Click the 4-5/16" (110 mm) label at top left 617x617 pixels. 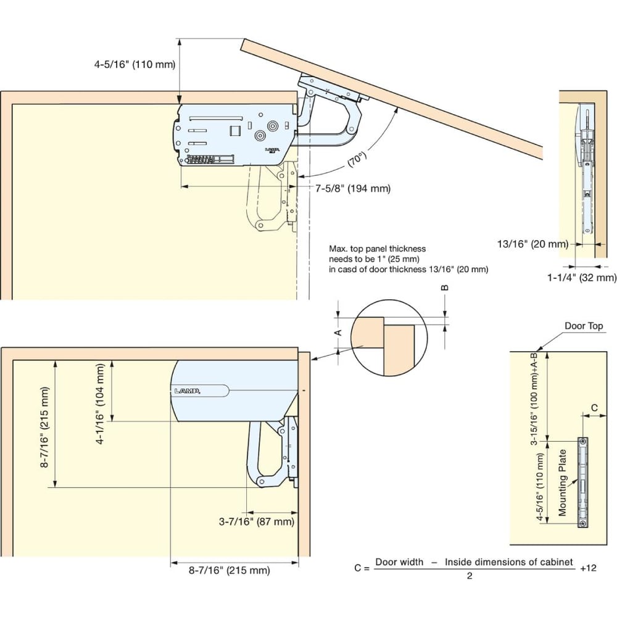(x=135, y=65)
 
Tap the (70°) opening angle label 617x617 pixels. (x=357, y=158)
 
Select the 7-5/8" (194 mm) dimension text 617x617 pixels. (x=353, y=188)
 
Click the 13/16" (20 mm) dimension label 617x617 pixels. (x=533, y=244)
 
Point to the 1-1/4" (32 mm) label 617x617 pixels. (x=582, y=278)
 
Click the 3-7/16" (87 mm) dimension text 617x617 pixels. (x=257, y=522)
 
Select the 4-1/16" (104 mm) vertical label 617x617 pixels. (x=101, y=404)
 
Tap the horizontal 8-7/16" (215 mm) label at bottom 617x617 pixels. (x=230, y=570)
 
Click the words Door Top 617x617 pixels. (x=584, y=326)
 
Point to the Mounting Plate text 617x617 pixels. (x=562, y=482)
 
